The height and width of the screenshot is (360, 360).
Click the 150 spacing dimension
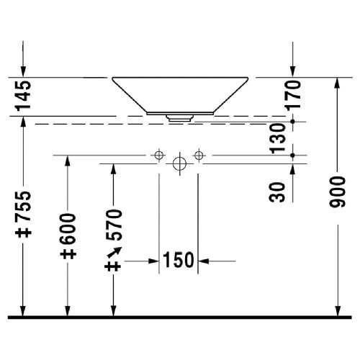coord(179,260)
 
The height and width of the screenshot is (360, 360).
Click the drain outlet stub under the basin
coord(179,117)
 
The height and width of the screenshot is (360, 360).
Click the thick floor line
coord(180,318)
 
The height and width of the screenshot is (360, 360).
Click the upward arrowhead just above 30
coord(293,168)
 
